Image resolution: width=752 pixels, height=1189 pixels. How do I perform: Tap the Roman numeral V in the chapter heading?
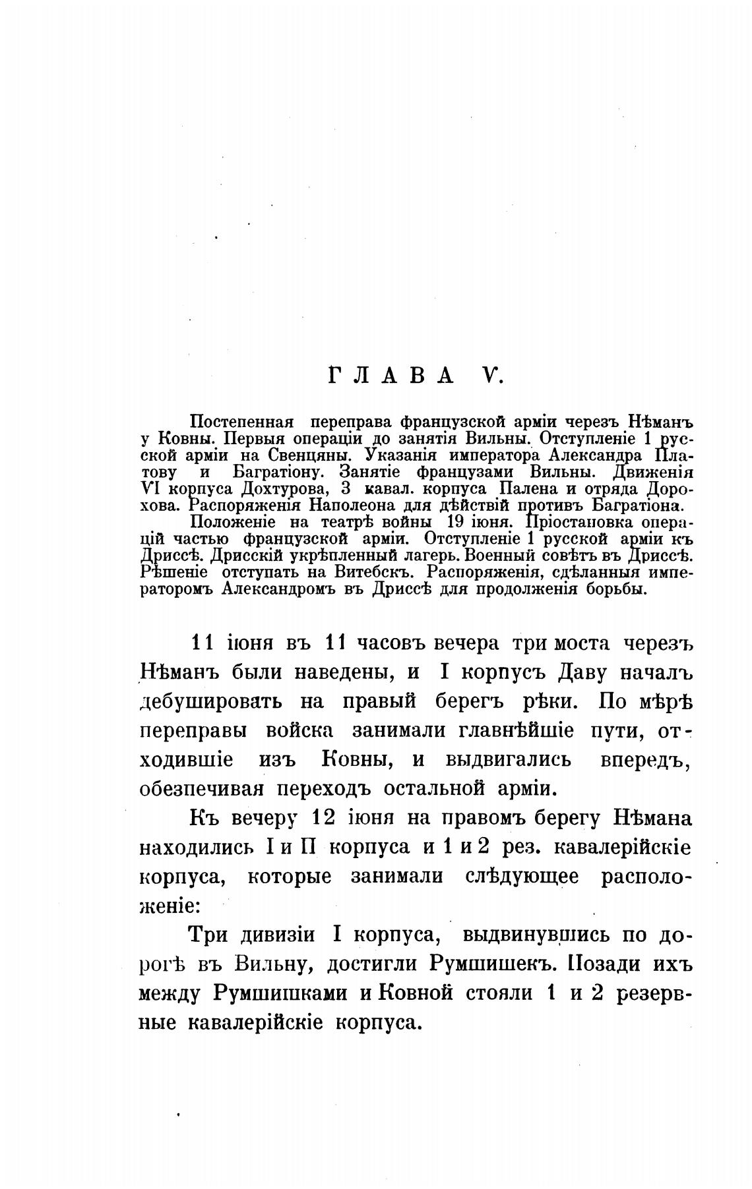[491, 376]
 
